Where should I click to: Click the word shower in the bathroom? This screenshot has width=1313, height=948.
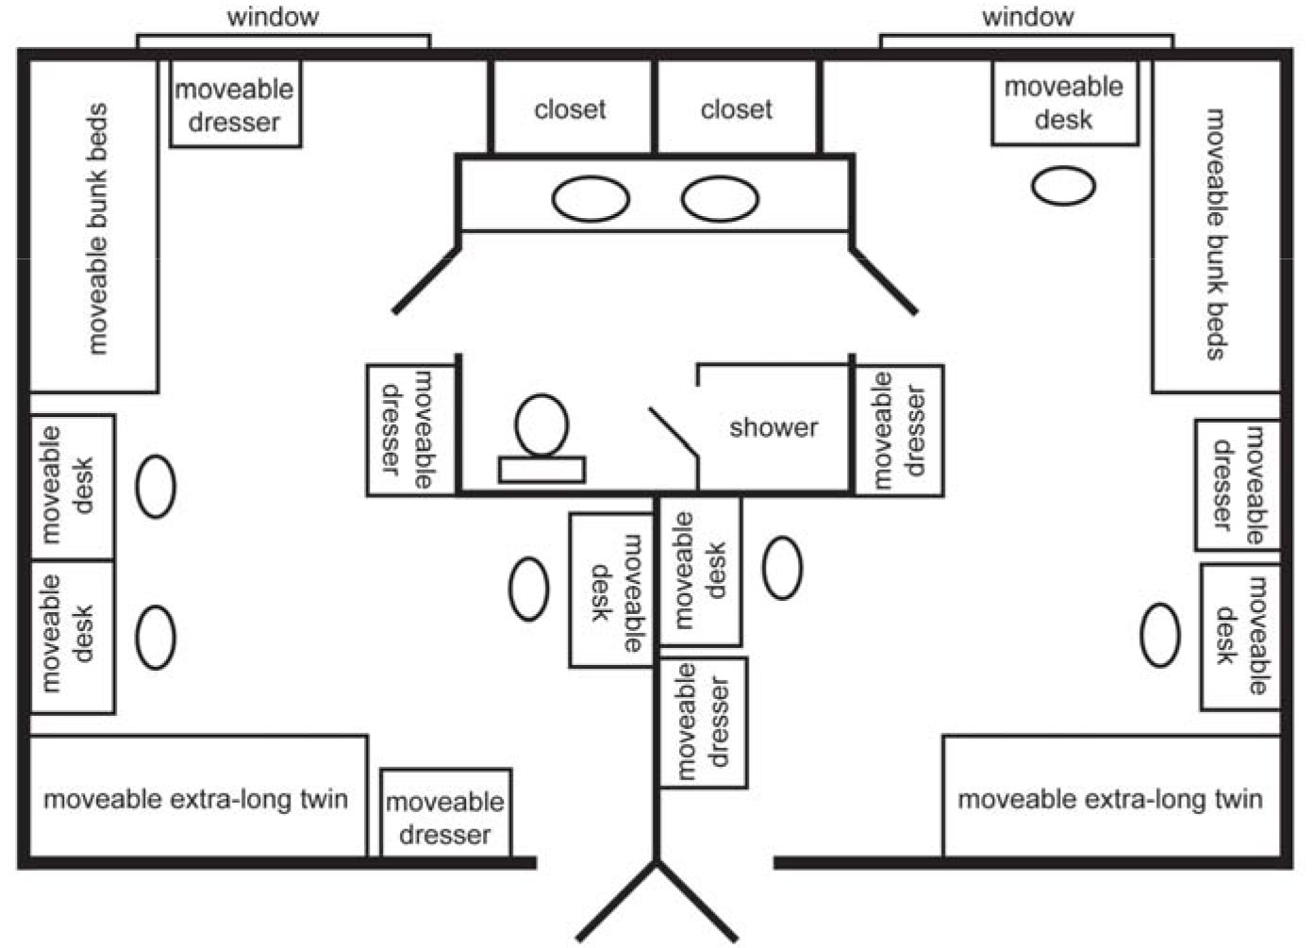click(x=773, y=427)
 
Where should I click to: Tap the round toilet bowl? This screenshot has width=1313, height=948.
click(x=542, y=425)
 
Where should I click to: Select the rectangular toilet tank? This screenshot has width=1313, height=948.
click(x=541, y=469)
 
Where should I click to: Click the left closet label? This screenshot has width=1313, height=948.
click(x=570, y=109)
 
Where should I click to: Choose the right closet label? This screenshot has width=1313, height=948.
click(x=736, y=109)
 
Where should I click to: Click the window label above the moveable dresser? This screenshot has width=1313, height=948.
click(x=273, y=16)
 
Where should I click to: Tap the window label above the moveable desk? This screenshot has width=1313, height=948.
click(x=1027, y=16)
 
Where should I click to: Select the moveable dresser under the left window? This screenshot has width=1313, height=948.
click(x=235, y=105)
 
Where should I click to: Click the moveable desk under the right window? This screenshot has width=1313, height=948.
click(x=1064, y=103)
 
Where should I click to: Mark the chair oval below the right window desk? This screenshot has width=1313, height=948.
click(x=1063, y=186)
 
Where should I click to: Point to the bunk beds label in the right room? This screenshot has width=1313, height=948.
click(x=1216, y=234)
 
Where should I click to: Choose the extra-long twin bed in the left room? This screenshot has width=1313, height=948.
click(x=196, y=799)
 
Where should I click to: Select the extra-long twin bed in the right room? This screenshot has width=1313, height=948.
click(x=1110, y=799)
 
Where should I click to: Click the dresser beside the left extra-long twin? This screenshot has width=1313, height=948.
click(x=445, y=817)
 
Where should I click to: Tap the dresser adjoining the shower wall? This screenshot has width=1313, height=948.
click(x=898, y=430)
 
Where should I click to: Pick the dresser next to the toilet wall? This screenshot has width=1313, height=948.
click(x=410, y=430)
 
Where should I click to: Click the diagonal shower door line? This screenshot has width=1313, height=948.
click(x=673, y=436)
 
